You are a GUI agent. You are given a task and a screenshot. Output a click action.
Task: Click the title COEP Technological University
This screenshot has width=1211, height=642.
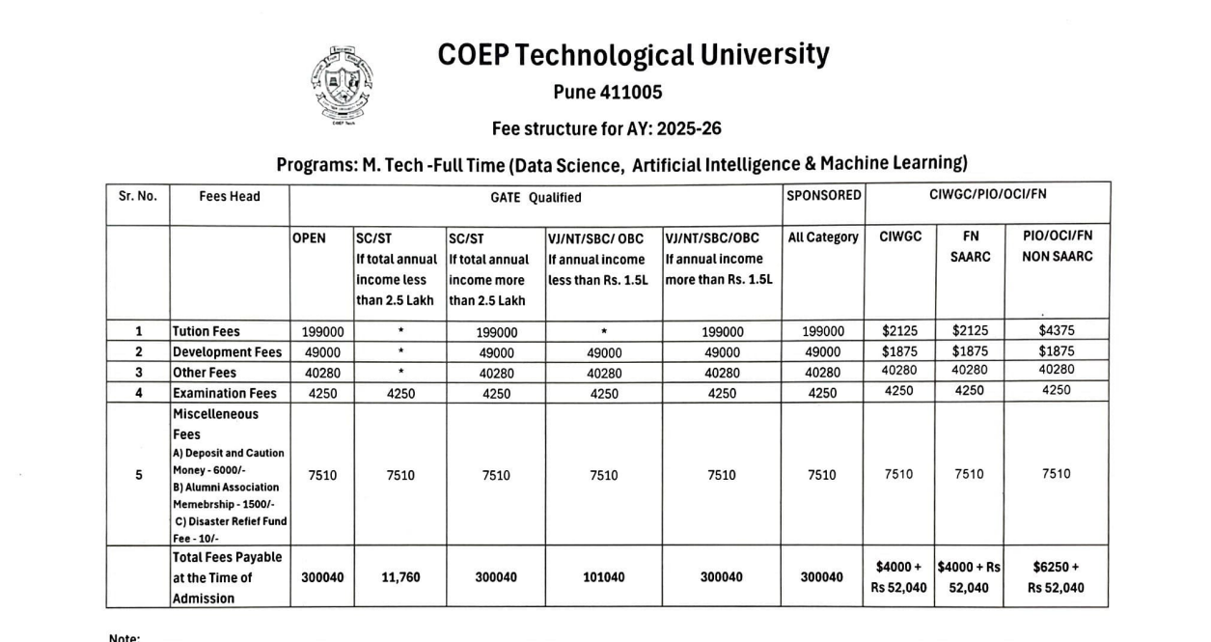(x=633, y=55)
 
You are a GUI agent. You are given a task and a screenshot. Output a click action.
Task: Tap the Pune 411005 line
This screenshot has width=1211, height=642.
(x=607, y=93)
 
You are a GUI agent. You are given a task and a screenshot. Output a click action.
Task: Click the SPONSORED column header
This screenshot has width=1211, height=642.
(x=822, y=195)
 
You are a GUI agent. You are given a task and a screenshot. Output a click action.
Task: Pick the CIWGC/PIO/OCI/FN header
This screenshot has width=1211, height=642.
(x=987, y=194)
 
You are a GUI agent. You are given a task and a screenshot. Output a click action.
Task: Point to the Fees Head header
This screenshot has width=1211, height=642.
(x=230, y=195)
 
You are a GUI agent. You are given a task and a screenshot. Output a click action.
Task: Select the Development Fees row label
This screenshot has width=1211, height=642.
(x=228, y=352)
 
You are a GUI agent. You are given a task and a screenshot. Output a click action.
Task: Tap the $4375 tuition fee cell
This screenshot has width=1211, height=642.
(x=1056, y=330)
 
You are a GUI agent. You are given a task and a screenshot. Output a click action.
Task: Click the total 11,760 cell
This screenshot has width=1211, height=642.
(x=399, y=576)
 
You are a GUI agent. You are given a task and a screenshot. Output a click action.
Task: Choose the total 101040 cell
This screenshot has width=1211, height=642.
(x=603, y=576)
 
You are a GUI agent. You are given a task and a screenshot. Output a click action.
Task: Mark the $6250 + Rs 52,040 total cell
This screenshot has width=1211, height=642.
(x=1056, y=577)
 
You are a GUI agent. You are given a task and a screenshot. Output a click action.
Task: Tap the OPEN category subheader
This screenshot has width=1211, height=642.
(x=310, y=237)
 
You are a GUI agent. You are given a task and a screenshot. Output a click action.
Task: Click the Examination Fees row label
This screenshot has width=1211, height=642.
(x=225, y=393)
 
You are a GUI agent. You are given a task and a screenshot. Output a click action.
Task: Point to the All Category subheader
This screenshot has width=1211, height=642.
(x=822, y=237)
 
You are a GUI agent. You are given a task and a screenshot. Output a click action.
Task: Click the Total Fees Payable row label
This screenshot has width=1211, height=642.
(x=227, y=577)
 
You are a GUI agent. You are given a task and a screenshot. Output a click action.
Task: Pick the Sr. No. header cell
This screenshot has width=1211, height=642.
(x=138, y=195)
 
